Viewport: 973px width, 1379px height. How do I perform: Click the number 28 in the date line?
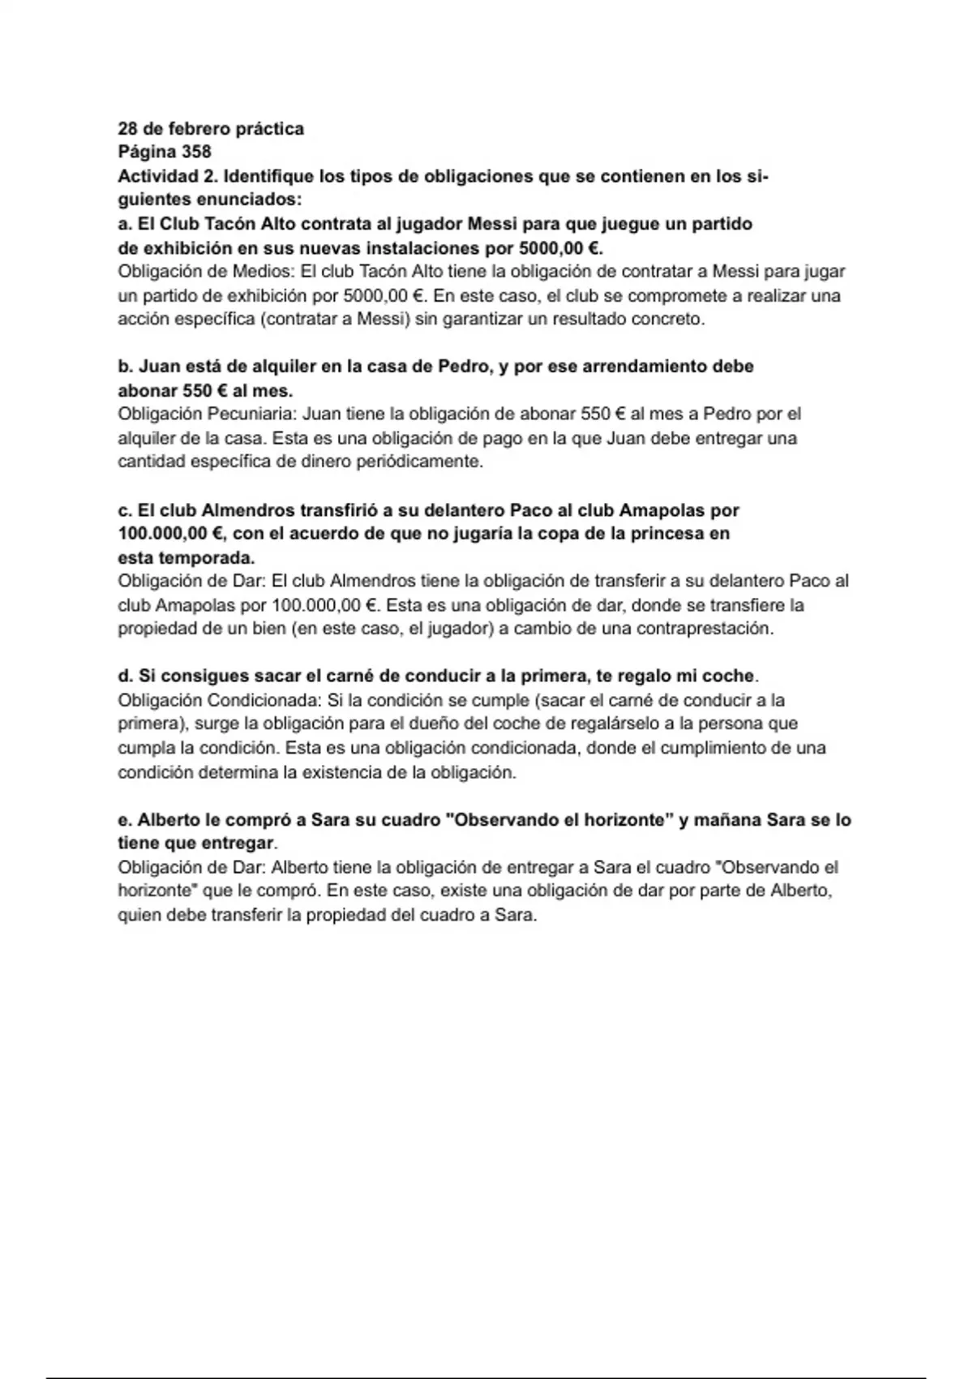[x=128, y=129]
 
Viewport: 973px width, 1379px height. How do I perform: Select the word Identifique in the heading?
[x=269, y=176]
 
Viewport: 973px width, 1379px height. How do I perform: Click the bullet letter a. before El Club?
[x=125, y=224]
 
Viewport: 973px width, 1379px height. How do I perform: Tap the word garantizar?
[x=469, y=319]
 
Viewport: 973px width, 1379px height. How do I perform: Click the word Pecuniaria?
[x=251, y=414]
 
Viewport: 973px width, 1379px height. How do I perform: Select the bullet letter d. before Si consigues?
[x=126, y=676]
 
